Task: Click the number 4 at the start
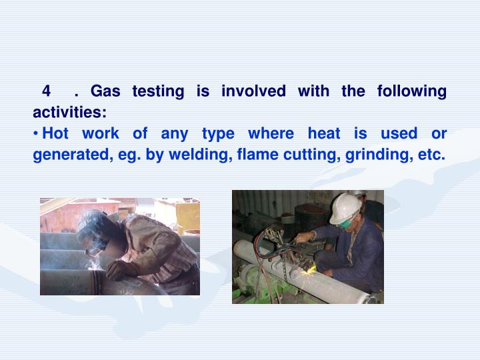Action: tap(47, 91)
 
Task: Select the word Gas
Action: tap(105, 91)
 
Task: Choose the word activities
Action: tap(69, 111)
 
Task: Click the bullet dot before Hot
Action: tap(36, 135)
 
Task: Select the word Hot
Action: tap(56, 134)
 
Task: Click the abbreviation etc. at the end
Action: tap(430, 155)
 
